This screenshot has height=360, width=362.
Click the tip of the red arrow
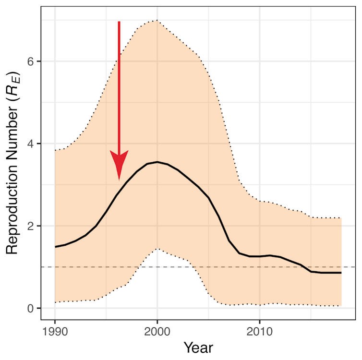[x=119, y=180]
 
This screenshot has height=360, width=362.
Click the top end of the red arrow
[x=119, y=22]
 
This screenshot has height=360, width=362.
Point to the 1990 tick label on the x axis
[x=55, y=332]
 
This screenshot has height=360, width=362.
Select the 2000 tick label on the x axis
[x=157, y=332]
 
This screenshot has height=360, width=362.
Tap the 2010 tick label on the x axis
[x=259, y=332]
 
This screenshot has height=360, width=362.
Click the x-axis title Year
[x=198, y=347]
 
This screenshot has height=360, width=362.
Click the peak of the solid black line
[x=157, y=162]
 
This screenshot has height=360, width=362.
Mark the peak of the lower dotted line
[x=157, y=249]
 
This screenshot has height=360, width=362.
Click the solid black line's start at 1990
[x=55, y=247]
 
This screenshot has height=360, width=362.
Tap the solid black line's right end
[x=341, y=273]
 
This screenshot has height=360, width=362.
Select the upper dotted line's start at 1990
[x=55, y=151]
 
